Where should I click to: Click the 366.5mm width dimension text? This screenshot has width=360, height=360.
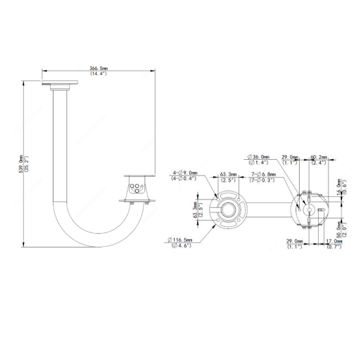(x=99, y=69)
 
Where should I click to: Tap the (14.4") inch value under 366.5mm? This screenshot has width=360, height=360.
(x=99, y=75)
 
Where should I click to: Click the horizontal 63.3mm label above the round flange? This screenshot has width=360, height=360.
(x=228, y=174)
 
